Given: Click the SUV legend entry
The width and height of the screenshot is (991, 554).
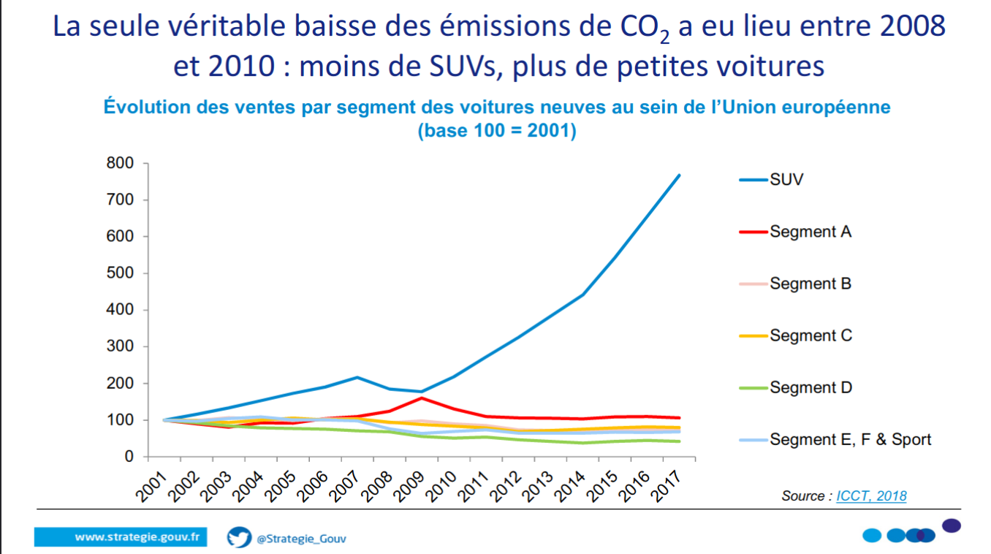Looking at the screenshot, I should [x=786, y=180].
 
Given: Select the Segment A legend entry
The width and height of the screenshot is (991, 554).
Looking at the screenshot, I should [x=810, y=232].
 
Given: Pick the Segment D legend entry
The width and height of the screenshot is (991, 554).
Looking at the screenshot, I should [x=810, y=387].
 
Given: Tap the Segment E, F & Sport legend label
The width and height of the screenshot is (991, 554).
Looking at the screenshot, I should [x=851, y=439].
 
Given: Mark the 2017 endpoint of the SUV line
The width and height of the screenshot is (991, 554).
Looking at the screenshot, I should [x=679, y=175].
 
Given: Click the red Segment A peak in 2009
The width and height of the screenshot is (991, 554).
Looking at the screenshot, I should [x=422, y=398].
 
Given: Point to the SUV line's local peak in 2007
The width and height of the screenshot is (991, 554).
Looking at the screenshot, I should [x=357, y=377].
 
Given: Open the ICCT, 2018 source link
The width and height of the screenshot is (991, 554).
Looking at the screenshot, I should [x=871, y=496].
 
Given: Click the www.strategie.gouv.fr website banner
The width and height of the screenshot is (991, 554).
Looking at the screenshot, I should [x=121, y=537].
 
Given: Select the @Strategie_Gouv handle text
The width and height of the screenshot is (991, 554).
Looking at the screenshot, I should [x=301, y=539].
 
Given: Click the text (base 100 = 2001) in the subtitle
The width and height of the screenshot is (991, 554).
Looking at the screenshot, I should [x=496, y=132].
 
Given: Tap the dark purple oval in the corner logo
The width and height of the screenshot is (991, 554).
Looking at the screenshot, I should [x=951, y=525].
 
